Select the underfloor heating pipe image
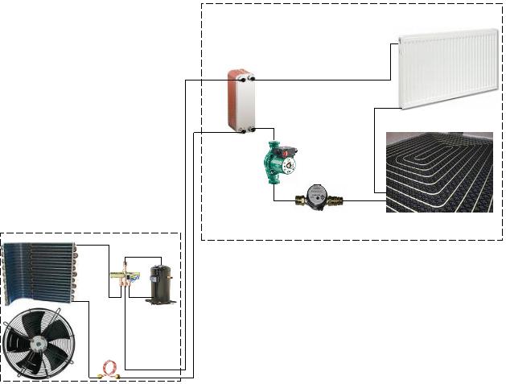tap(439, 171)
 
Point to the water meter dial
tap(317, 194)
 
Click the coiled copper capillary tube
tap(109, 370)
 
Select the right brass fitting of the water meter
tap(339, 200)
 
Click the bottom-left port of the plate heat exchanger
tap(230, 128)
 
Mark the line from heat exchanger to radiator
tap(322, 80)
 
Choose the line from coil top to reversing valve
tap(94, 245)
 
